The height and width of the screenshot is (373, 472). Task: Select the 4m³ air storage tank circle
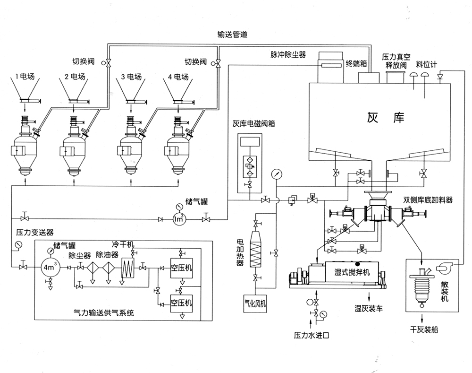point(51,267)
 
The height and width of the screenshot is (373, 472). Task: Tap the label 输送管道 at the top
point(232,35)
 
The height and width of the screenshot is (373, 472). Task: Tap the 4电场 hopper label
point(178,77)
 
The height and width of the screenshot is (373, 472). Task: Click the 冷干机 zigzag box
point(128,268)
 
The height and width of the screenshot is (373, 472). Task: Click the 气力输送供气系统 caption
point(104,312)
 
